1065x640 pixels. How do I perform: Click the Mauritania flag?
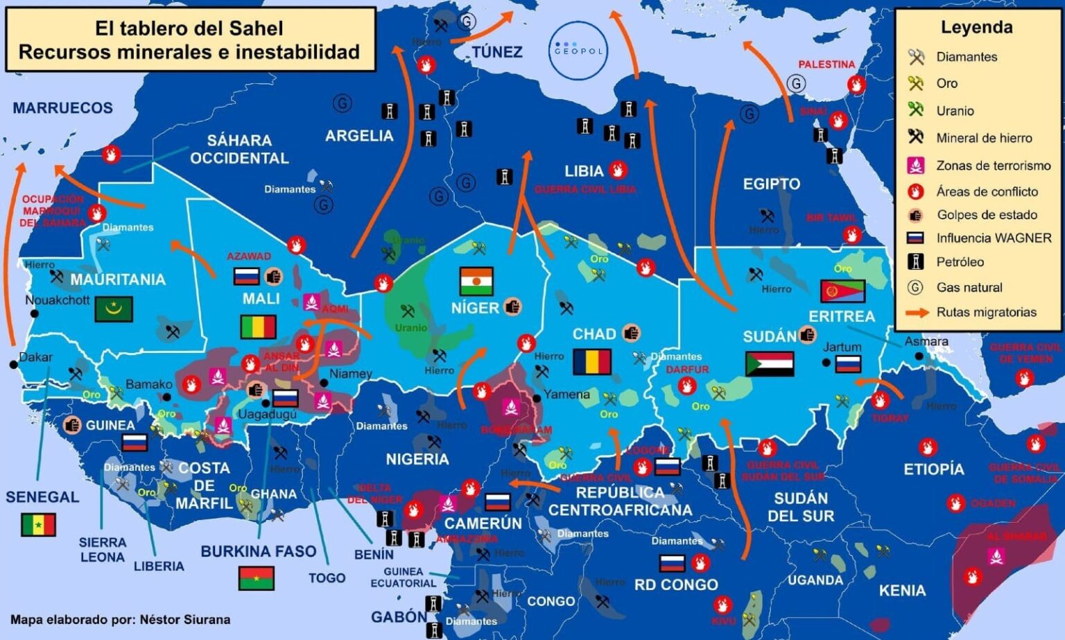coord(114,309)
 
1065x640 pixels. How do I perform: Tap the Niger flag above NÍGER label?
coord(476,281)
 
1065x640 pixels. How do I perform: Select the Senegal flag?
coord(38,525)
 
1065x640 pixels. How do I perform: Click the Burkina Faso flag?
coord(256,578)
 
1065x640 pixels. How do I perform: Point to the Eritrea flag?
coord(842,291)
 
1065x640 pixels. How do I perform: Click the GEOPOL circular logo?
coord(578,51)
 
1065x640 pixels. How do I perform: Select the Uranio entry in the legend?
coord(955,110)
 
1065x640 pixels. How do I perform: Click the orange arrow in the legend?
coord(917,313)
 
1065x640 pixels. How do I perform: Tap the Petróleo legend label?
coord(960,261)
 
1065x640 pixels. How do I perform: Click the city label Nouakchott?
coord(58,300)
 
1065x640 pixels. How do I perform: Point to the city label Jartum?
coord(842,347)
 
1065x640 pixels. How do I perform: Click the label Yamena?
coord(566,395)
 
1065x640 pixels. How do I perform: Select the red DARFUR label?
coord(687,370)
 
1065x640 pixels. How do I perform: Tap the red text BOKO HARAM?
coord(516,430)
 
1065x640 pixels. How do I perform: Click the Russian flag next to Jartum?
coord(848,363)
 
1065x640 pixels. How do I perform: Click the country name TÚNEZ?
coord(496,52)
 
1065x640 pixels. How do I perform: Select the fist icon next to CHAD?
coord(630,334)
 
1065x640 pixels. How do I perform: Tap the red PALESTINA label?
coord(826,64)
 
